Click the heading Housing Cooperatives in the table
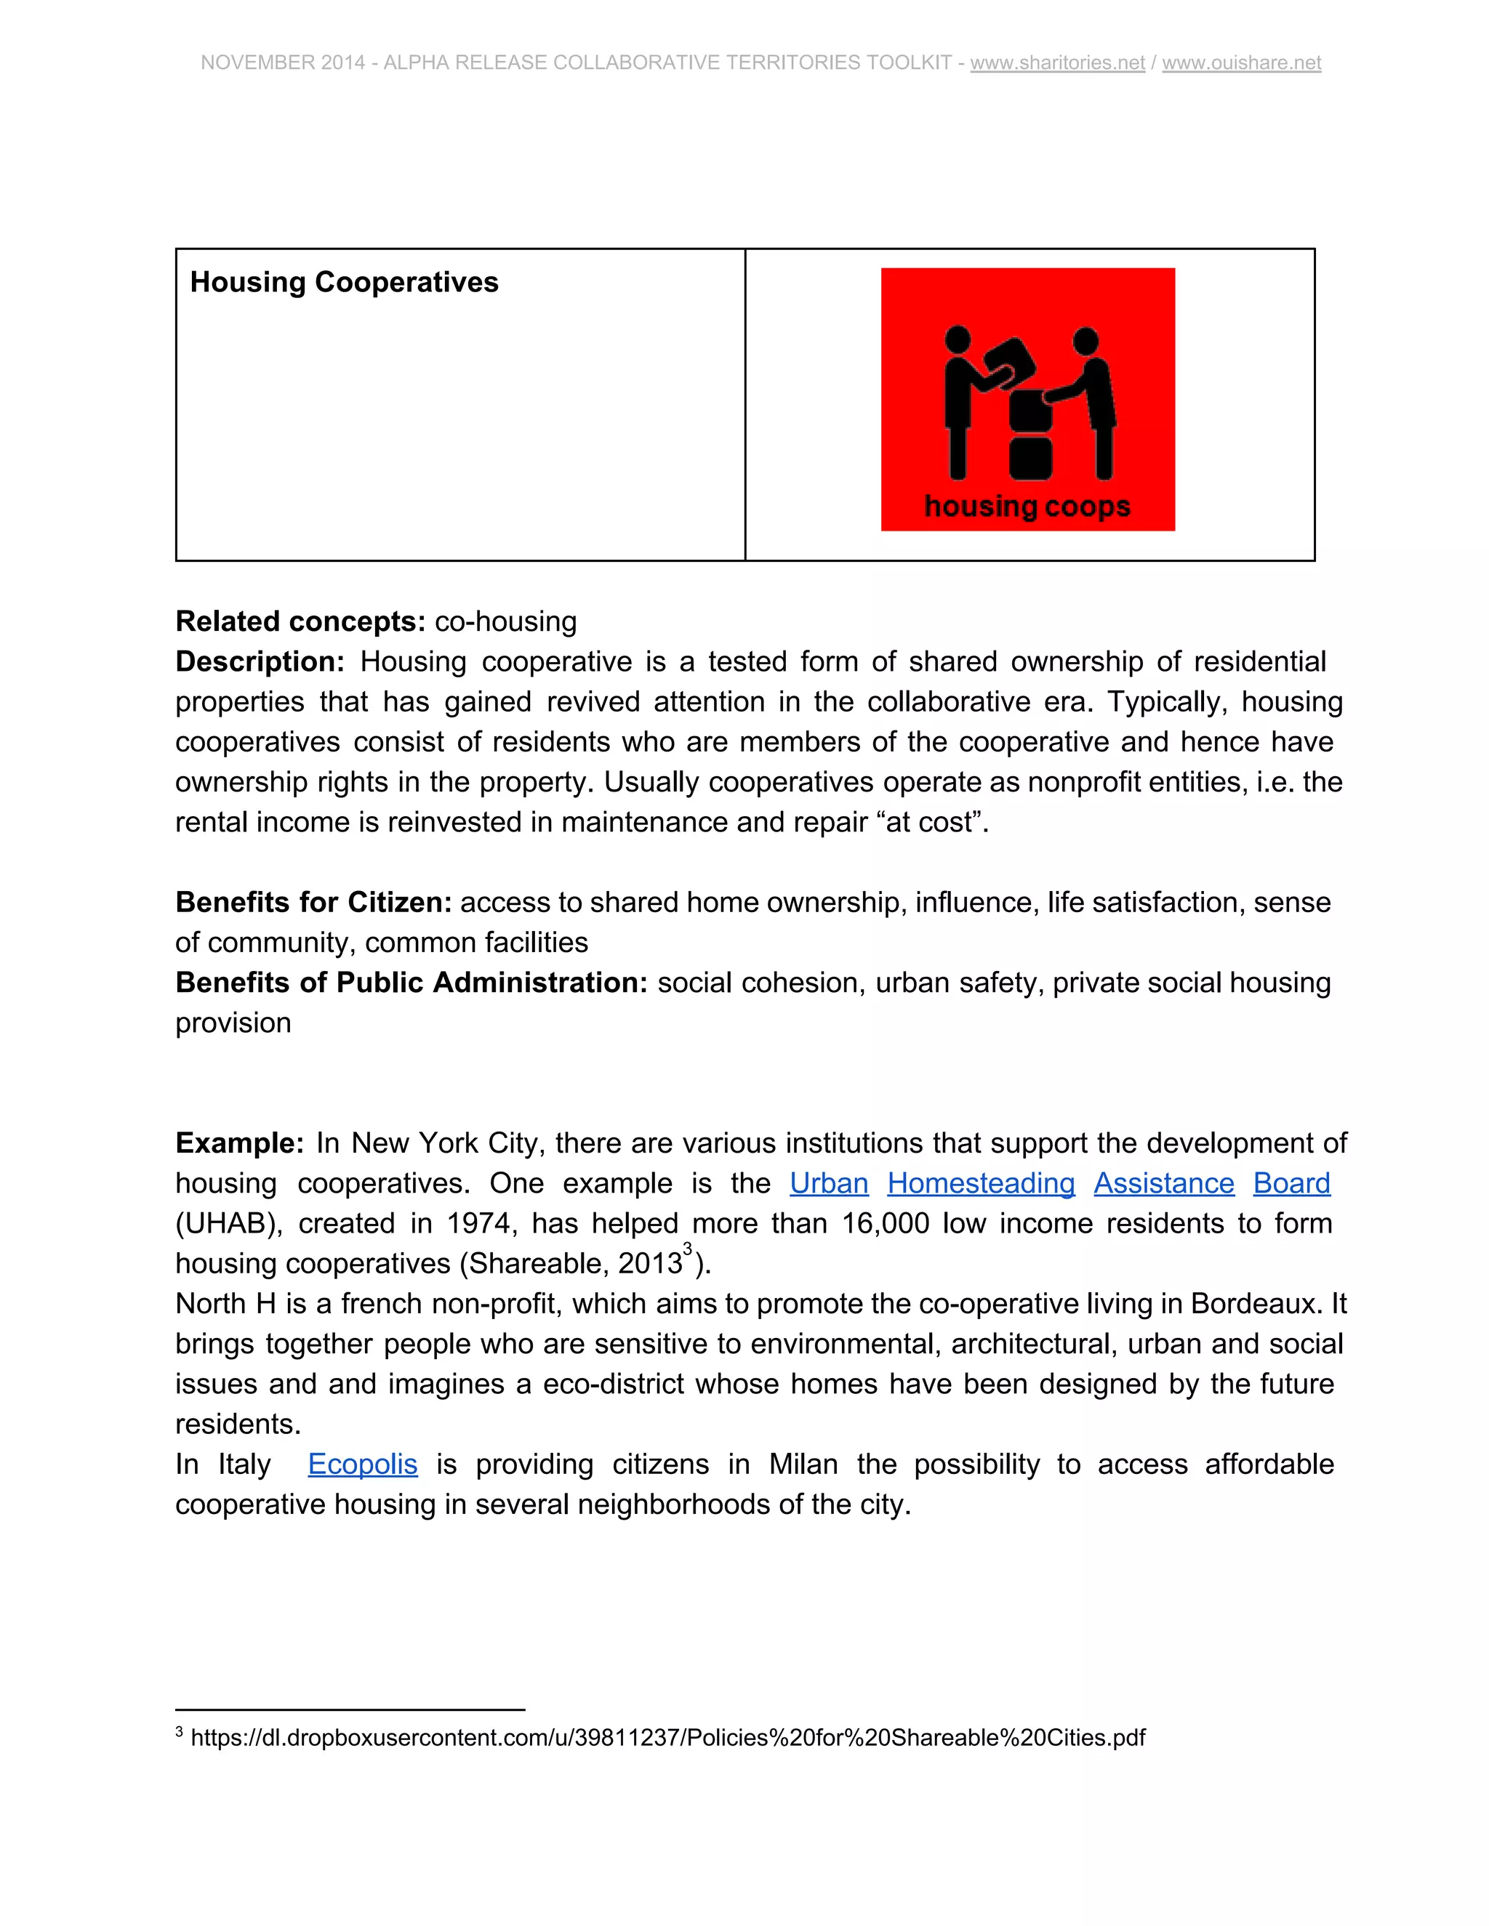point(344,282)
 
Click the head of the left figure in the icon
point(957,339)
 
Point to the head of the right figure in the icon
point(1086,340)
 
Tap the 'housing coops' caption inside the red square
point(1027,506)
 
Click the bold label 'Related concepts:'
point(301,621)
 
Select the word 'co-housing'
point(505,621)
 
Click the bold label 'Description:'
point(260,661)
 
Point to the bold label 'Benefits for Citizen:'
point(313,902)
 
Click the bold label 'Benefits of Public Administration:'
point(411,983)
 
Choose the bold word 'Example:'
point(239,1143)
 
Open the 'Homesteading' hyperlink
point(981,1183)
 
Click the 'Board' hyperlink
point(1291,1183)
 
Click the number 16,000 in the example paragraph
point(885,1223)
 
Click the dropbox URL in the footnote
point(667,1737)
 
